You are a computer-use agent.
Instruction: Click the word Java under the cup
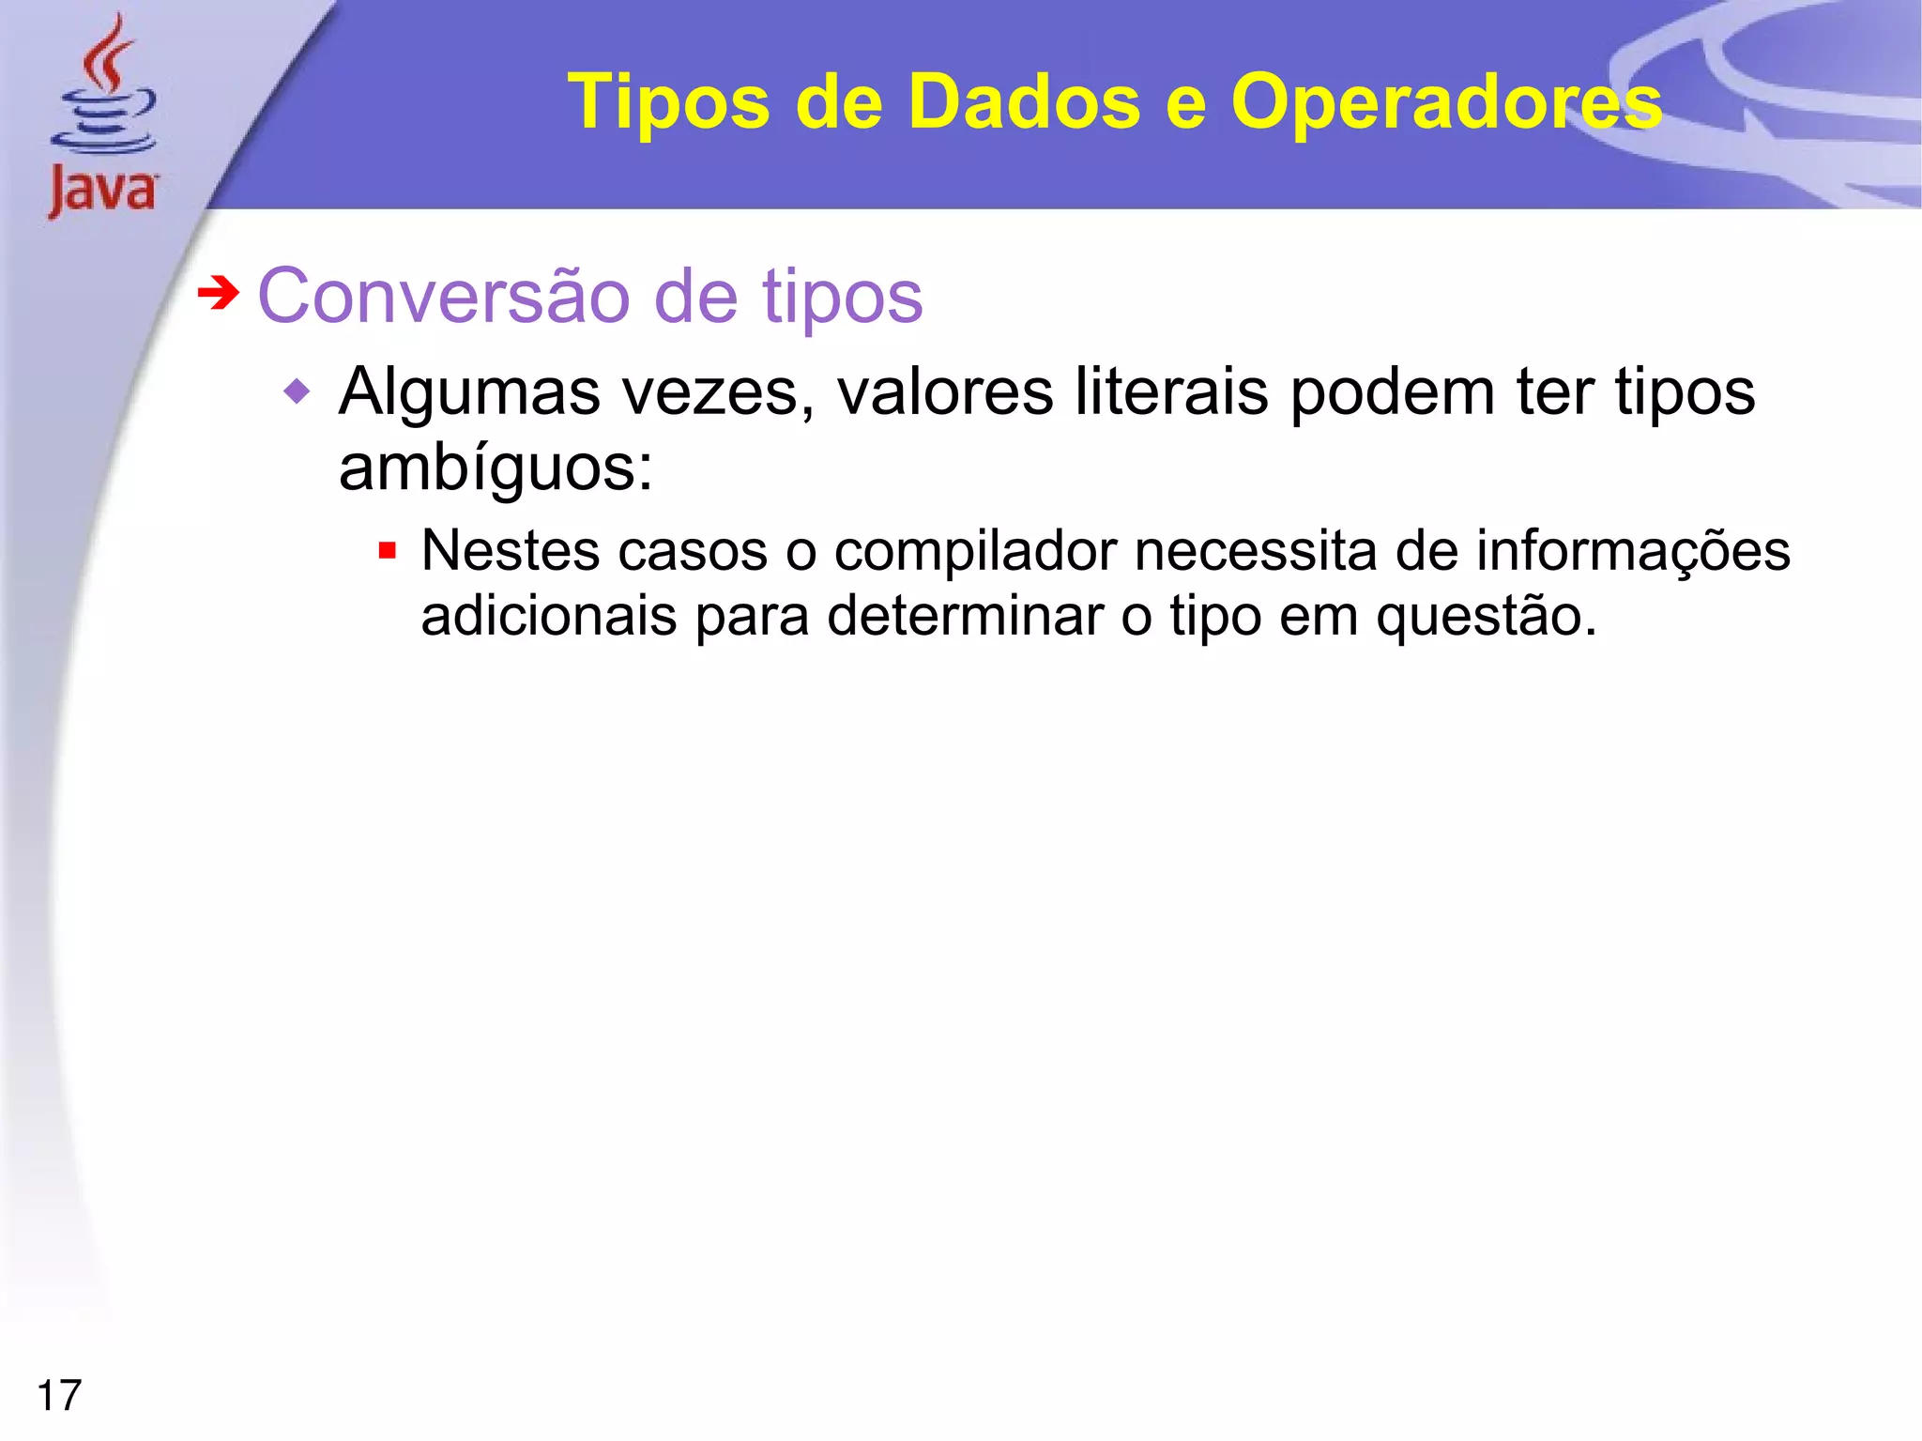point(103,191)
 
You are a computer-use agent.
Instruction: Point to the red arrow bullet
point(219,294)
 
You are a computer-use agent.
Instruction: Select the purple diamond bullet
point(297,391)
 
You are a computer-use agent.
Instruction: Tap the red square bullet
point(387,550)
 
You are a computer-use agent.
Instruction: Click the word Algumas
point(469,392)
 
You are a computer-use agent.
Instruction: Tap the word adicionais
point(549,617)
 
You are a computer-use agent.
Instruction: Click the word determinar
point(966,617)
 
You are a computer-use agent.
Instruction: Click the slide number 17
point(59,1395)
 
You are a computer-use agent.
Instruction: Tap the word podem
point(1393,392)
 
